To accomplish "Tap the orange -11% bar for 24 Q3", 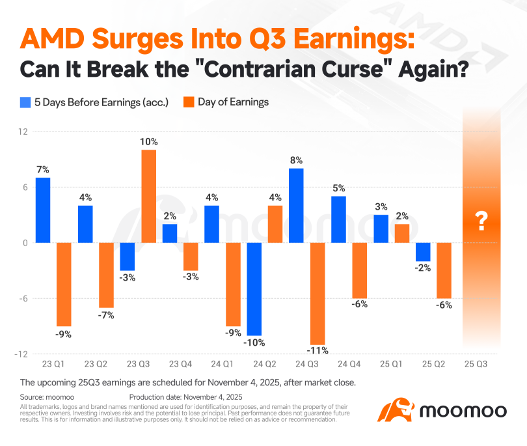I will [317, 294].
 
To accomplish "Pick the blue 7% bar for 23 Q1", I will [43, 210].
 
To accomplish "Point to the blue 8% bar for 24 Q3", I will [296, 205].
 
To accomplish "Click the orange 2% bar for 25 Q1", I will [401, 233].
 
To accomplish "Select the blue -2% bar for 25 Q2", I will [423, 252].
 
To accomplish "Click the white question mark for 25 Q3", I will [481, 222].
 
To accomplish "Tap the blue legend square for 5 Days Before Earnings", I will [25, 102].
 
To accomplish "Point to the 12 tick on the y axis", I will [23, 132].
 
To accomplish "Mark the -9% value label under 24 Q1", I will [232, 333].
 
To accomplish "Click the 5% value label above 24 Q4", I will [338, 188].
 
